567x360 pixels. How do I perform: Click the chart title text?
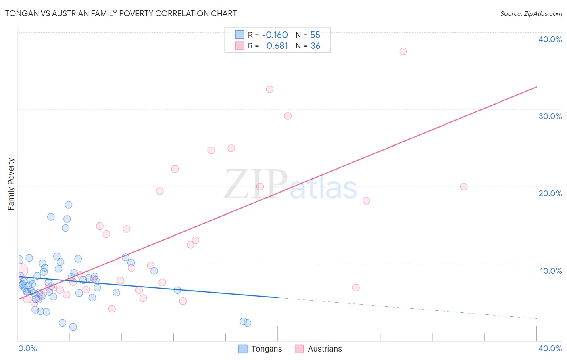(121, 13)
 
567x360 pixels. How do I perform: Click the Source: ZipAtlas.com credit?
(531, 13)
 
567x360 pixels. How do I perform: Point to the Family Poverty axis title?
(11, 184)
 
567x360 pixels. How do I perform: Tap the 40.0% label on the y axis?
(550, 39)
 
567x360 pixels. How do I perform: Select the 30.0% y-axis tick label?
(550, 116)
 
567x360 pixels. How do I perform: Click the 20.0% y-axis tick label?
(550, 193)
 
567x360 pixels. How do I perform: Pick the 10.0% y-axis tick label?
(550, 271)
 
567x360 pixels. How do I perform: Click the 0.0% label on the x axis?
(27, 348)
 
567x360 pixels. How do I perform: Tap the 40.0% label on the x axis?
(550, 348)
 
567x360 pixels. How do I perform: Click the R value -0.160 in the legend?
(275, 35)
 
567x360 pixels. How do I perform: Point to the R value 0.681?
(277, 46)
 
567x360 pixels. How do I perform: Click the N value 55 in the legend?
(315, 35)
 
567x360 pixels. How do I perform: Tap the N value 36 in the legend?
(315, 46)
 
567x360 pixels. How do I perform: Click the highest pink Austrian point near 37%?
(403, 51)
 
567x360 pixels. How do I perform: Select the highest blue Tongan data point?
(69, 205)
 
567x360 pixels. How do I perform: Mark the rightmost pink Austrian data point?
(464, 186)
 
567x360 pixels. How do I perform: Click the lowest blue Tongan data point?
(73, 327)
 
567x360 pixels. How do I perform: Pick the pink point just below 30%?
(288, 116)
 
